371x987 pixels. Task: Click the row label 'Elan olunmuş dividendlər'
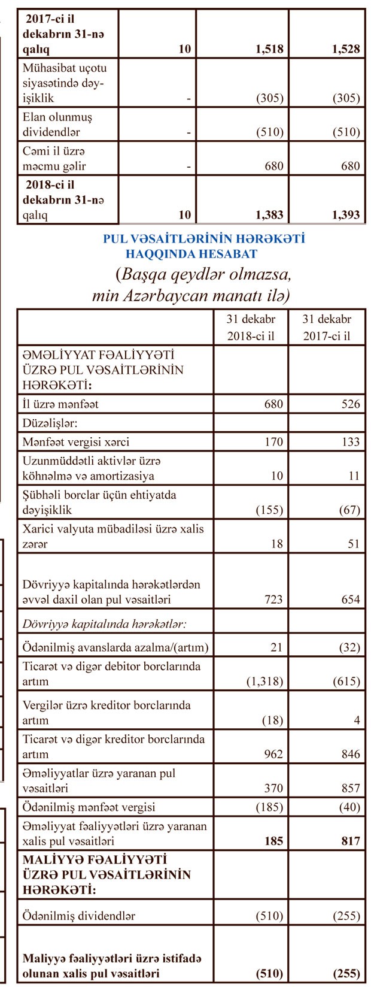tap(57, 124)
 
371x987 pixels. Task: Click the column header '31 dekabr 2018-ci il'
tap(251, 327)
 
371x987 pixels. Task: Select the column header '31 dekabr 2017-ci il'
tap(327, 327)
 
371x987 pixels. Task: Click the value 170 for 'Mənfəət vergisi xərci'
tap(273, 442)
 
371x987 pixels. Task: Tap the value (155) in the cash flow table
tap(269, 510)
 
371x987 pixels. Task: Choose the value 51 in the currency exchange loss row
tap(354, 544)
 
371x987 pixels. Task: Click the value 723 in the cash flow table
tap(273, 600)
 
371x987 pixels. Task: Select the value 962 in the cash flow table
tap(273, 754)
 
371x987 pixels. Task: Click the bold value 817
tap(350, 841)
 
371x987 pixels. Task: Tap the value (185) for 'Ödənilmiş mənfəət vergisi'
tap(269, 807)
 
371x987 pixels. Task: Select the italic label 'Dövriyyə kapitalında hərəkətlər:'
tap(105, 623)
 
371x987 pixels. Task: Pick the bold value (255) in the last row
tap(346, 973)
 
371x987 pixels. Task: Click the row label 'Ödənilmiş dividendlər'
tap(78, 916)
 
